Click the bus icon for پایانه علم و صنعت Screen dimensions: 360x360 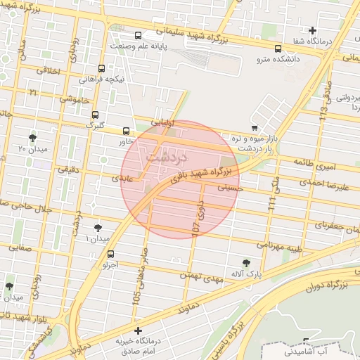[137, 35]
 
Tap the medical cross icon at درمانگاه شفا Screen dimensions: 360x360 [313, 30]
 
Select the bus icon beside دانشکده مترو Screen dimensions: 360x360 [279, 49]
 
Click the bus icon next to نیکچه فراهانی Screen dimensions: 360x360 [102, 68]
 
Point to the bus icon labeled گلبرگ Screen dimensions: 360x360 [95, 115]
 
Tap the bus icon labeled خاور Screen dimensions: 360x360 [126, 131]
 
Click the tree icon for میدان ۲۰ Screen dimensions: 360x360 [32, 136]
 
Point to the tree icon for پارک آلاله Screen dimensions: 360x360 [245, 262]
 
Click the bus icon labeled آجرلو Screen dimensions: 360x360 [110, 255]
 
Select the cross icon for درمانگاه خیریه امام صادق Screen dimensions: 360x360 [138, 330]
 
